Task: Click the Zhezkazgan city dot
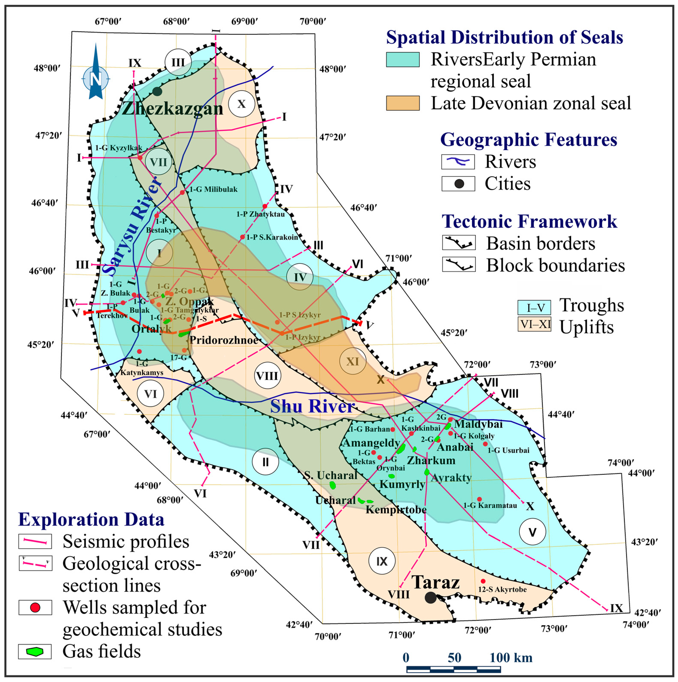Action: (157, 91)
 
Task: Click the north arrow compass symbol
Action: (96, 72)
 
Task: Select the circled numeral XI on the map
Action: (352, 361)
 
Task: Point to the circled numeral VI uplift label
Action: (150, 394)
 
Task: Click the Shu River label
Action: (312, 406)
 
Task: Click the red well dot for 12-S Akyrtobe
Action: (483, 581)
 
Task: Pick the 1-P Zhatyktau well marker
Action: (265, 206)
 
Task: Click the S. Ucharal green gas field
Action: (332, 485)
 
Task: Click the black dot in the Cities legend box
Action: (459, 184)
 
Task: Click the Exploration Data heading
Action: (91, 519)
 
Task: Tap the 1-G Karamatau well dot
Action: (479, 499)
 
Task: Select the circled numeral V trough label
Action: (532, 532)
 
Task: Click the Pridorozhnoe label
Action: (224, 340)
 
